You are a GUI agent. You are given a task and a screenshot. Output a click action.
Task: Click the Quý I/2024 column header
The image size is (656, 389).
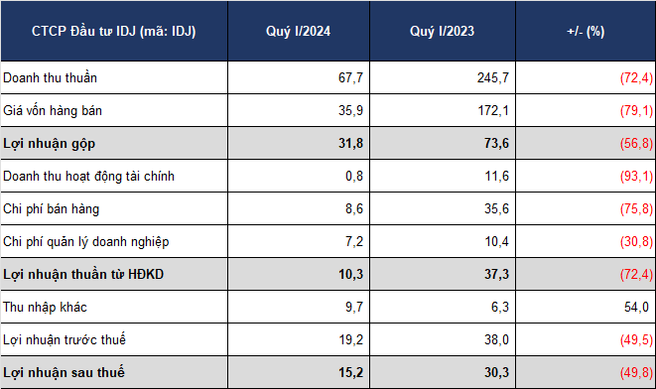299,32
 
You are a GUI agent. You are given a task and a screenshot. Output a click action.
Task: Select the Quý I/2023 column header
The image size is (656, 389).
443,32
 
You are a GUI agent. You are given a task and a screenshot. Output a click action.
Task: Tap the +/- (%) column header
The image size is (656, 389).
586,32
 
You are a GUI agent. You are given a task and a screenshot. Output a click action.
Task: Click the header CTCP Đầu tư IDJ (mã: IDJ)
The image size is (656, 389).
114,32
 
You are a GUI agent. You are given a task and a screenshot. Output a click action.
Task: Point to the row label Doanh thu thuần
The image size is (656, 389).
50,77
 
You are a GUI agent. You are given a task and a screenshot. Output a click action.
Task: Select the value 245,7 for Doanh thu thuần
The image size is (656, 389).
493,77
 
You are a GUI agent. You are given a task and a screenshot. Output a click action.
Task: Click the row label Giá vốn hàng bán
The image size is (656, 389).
53,110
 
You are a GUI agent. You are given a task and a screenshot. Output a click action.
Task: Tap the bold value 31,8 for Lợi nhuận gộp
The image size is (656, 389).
351,144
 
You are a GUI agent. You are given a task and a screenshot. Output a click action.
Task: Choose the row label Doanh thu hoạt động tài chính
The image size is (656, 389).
88,176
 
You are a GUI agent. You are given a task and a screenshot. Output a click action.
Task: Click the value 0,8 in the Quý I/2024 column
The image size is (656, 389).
354,176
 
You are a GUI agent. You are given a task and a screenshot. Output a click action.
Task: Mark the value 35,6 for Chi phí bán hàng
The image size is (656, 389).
496,208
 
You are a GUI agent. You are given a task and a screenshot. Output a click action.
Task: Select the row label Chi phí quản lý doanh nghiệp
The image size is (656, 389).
86,242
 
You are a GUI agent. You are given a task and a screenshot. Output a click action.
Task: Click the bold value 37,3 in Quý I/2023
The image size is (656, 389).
496,275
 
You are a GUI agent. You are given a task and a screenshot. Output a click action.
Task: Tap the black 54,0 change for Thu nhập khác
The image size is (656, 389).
636,307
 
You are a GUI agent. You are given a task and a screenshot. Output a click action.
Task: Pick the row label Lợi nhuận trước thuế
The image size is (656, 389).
65,339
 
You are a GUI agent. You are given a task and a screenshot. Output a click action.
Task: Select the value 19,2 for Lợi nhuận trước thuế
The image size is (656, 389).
351,339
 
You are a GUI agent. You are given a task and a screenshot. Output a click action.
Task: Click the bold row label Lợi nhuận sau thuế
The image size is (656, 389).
64,372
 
